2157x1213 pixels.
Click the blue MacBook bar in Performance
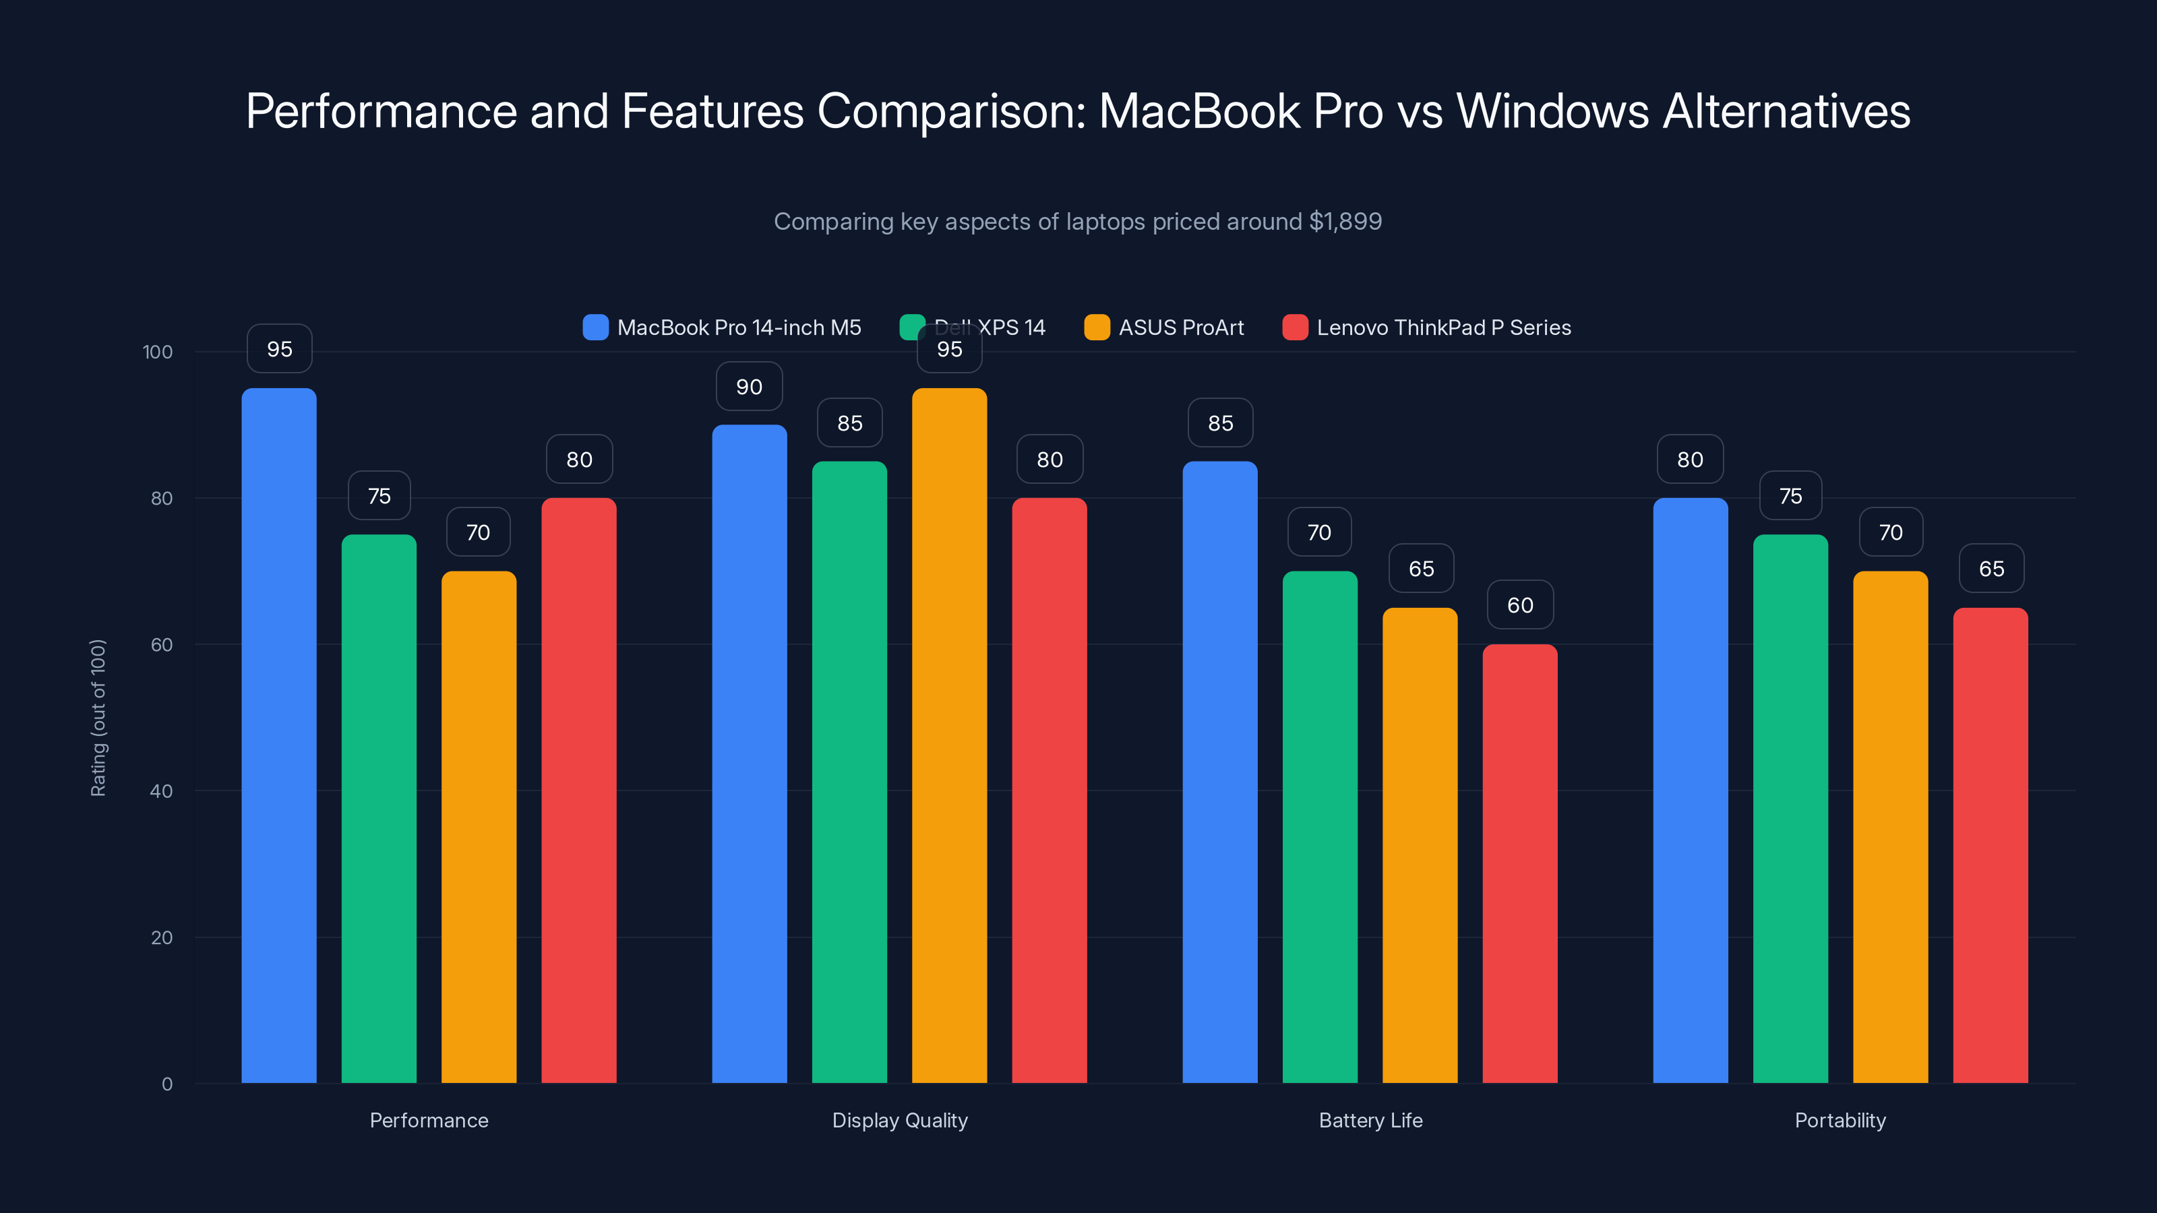279,737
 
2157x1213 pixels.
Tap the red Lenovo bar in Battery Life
1520,863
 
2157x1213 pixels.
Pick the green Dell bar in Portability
1790,808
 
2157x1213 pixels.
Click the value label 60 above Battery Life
1520,605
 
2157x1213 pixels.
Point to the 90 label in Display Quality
749,387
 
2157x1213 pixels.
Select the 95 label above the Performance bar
279,349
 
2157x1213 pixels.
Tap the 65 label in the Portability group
1991,569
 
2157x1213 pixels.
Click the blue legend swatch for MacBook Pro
595,328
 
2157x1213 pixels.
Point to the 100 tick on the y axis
158,352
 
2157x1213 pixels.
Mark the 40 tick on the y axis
161,791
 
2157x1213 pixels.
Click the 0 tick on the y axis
166,1084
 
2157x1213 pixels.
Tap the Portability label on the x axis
1840,1120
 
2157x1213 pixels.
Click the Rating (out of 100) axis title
98,718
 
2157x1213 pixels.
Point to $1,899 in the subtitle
1345,222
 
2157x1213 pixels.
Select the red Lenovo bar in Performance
578,791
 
